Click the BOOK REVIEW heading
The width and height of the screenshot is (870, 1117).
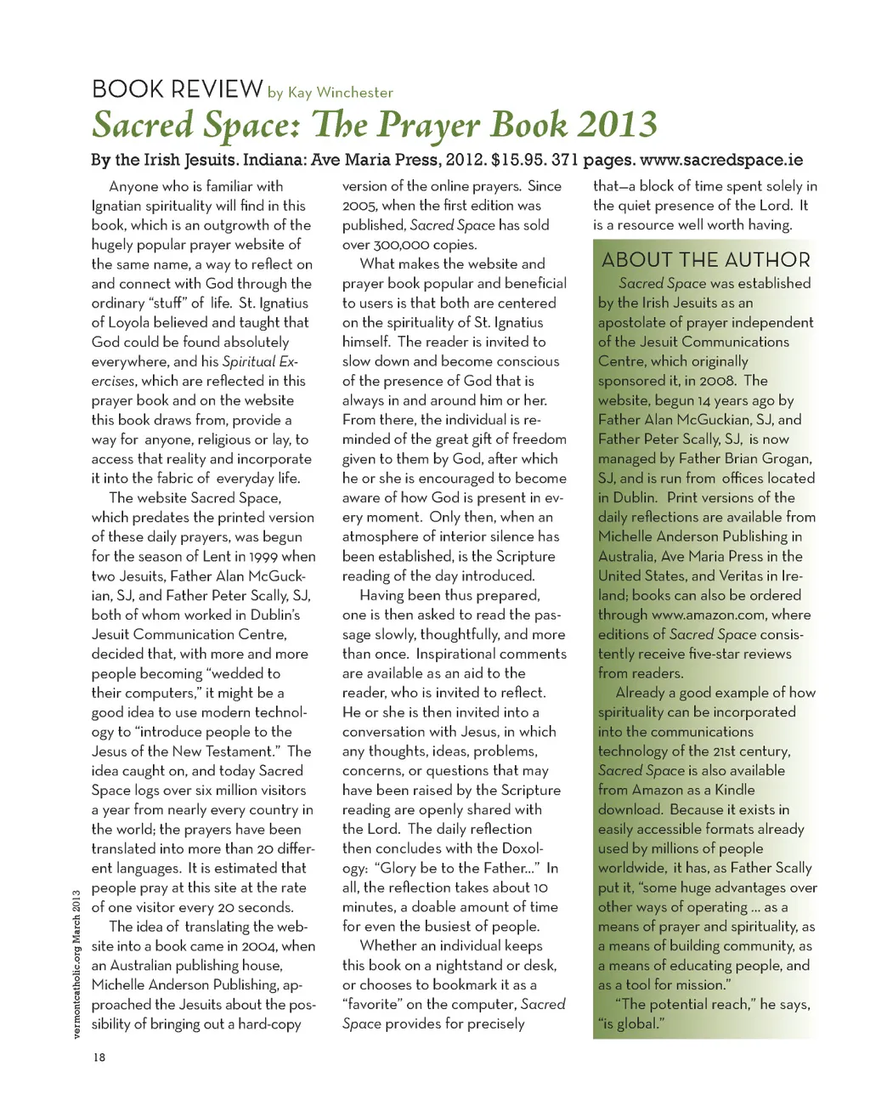coord(177,88)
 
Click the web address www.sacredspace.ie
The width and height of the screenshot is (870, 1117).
coord(720,160)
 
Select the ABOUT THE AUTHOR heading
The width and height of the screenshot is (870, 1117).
coord(706,260)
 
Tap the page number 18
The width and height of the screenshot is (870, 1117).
coord(99,1057)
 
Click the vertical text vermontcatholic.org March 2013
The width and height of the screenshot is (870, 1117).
coord(76,964)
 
